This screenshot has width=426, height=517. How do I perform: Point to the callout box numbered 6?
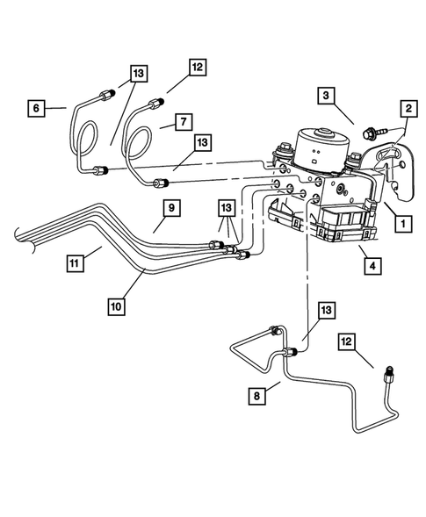click(x=36, y=108)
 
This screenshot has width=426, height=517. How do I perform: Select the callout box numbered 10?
click(x=115, y=307)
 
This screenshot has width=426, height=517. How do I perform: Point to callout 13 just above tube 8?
click(x=328, y=309)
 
